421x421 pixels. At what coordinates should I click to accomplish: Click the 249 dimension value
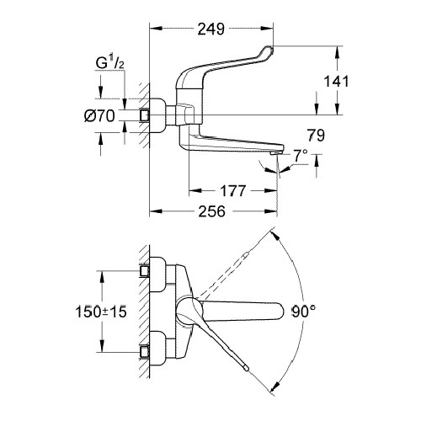[211, 29]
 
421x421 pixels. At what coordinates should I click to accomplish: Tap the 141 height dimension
[336, 82]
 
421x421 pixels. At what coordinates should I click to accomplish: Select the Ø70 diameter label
[99, 116]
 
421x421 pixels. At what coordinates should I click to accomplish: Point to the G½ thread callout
[109, 64]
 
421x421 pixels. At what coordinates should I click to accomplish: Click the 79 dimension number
[316, 136]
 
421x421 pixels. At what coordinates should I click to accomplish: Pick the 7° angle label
[301, 156]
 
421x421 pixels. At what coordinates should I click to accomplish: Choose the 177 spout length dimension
[233, 191]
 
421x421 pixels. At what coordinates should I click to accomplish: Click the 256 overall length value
[212, 211]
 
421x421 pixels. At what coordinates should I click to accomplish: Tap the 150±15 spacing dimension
[101, 312]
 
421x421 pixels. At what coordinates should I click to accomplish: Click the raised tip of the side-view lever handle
[269, 50]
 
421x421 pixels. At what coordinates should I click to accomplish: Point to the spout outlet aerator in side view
[275, 153]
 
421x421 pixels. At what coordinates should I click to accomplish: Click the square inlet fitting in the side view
[145, 115]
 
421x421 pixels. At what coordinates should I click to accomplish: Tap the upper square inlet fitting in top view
[145, 271]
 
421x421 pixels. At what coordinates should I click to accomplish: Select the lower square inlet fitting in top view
[145, 352]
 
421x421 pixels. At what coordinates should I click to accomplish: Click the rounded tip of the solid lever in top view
[246, 368]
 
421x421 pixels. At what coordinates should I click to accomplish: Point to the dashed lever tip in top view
[247, 255]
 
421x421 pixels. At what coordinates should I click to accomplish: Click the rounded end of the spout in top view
[280, 312]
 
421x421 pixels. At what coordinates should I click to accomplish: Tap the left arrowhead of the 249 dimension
[156, 28]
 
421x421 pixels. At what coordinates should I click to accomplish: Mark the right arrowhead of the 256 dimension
[270, 211]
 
